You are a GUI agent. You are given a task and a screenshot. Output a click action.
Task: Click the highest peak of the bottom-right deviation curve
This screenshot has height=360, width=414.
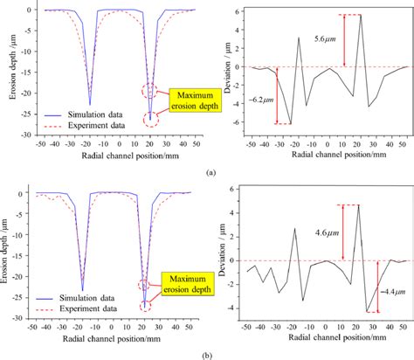point(358,205)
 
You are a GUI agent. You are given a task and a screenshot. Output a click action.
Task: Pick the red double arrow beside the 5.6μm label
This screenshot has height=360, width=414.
point(346,40)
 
